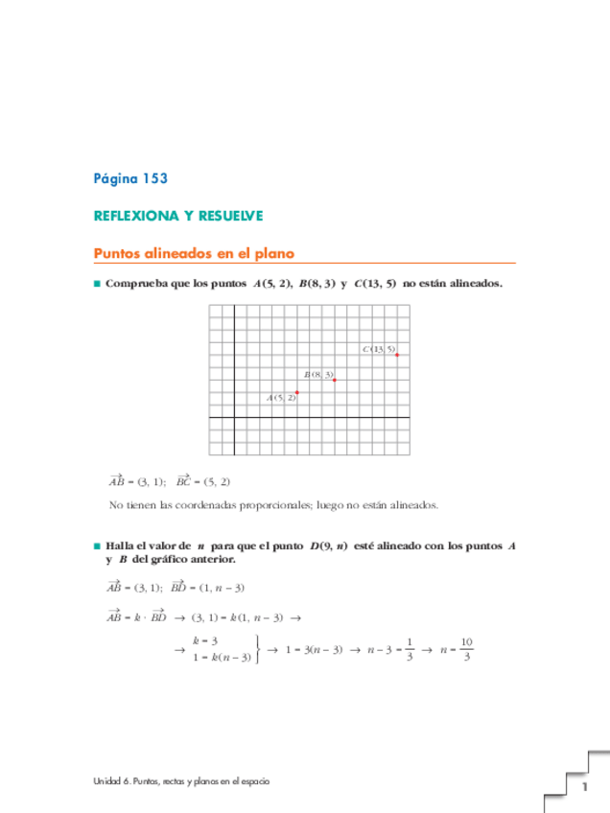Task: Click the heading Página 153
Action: click(x=130, y=178)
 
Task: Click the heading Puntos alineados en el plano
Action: click(x=193, y=254)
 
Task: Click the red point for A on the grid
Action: click(x=297, y=392)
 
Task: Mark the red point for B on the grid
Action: click(x=335, y=380)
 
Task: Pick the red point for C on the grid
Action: click(x=397, y=355)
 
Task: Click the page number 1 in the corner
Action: click(x=582, y=788)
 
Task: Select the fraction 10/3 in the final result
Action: click(x=467, y=649)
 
